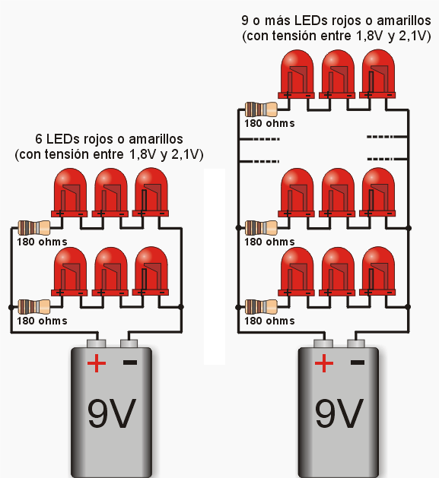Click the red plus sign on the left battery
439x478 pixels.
[x=97, y=363]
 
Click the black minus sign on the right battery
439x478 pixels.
[x=358, y=362]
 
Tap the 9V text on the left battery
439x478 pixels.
[x=111, y=413]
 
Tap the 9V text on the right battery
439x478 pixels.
[x=339, y=413]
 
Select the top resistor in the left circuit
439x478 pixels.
[x=34, y=228]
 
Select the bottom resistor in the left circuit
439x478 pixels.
[x=34, y=307]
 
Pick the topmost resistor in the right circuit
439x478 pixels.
[x=261, y=109]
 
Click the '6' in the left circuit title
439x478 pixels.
[x=39, y=139]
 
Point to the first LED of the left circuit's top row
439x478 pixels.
[x=69, y=193]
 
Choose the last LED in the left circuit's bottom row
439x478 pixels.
[x=151, y=271]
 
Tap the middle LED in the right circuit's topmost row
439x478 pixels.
[x=337, y=74]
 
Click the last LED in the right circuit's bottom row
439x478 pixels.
[x=377, y=271]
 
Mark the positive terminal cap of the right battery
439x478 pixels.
[x=323, y=343]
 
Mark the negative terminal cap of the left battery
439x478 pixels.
[x=129, y=343]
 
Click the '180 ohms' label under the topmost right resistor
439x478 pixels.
[x=269, y=123]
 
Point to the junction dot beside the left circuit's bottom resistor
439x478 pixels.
[x=11, y=307]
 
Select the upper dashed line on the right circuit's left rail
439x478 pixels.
[x=259, y=139]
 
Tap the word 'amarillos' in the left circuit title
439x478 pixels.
[x=156, y=139]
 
